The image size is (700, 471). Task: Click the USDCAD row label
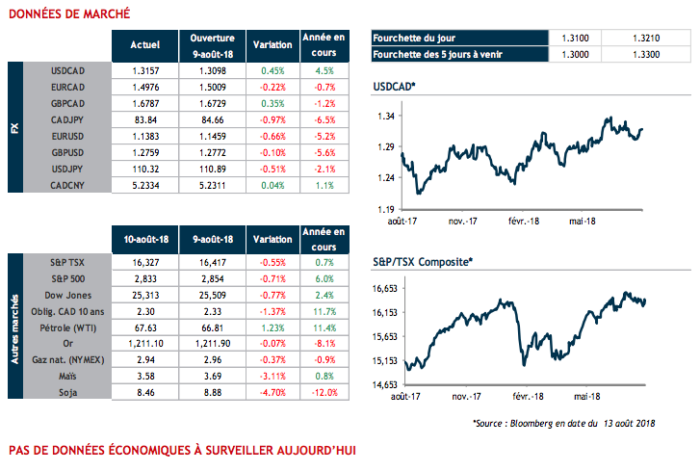pos(73,70)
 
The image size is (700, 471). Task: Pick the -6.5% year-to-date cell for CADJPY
pos(324,120)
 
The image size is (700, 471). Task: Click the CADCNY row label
pos(73,186)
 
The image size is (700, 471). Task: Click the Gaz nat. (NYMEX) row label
pos(66,360)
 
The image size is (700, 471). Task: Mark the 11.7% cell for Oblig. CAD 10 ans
pos(324,311)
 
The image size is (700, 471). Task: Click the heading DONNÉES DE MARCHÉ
pos(65,14)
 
